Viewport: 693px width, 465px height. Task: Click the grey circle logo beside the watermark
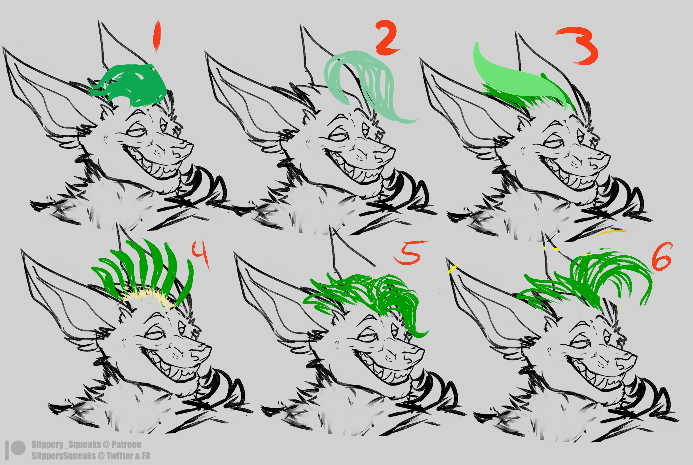[18, 448]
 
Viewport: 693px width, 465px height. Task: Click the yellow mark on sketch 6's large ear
[453, 269]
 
